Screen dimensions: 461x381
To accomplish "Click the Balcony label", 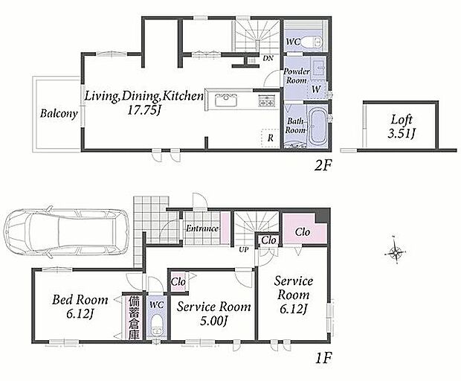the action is pyautogui.click(x=59, y=114).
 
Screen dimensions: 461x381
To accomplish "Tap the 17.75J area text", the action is pyautogui.click(x=144, y=110).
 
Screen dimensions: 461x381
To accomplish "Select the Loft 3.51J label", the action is pyautogui.click(x=402, y=127).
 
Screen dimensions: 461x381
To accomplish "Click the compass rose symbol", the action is pyautogui.click(x=396, y=252).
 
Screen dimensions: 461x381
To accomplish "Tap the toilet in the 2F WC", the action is pyautogui.click(x=312, y=42).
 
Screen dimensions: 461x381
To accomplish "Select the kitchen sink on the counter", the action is pyautogui.click(x=226, y=100).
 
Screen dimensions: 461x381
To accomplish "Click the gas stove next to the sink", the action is pyautogui.click(x=266, y=100).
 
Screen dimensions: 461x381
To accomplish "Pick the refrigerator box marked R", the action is pyautogui.click(x=270, y=138).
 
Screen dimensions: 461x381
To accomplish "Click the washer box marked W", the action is pyautogui.click(x=316, y=89).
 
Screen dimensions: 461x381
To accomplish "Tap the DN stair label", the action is pyautogui.click(x=268, y=58).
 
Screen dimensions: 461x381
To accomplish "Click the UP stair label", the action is pyautogui.click(x=243, y=250).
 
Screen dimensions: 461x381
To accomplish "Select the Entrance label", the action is pyautogui.click(x=202, y=228).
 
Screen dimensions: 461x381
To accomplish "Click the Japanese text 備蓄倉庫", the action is pyautogui.click(x=134, y=318).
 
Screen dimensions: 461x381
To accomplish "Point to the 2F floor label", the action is pyautogui.click(x=323, y=166).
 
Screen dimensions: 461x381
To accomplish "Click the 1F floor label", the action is pyautogui.click(x=323, y=359).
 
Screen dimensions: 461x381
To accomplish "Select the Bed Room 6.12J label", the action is pyautogui.click(x=80, y=307).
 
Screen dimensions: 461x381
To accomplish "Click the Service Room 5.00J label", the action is pyautogui.click(x=213, y=314).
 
